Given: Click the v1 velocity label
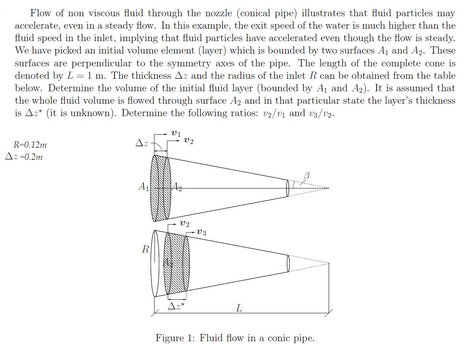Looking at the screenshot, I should pyautogui.click(x=176, y=133).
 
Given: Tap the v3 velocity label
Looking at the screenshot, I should pyautogui.click(x=202, y=232).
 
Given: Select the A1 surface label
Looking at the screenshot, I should pyautogui.click(x=144, y=186).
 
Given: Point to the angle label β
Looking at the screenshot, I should pyautogui.click(x=306, y=175).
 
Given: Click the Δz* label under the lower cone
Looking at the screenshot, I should pyautogui.click(x=176, y=306).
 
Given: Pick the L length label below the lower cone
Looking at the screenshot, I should pyautogui.click(x=239, y=308).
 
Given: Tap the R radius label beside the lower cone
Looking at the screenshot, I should pyautogui.click(x=145, y=249).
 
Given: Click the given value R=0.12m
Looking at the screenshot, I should pyautogui.click(x=30, y=145).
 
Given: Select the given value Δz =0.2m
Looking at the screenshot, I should pyautogui.click(x=24, y=157).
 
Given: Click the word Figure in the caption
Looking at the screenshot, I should pyautogui.click(x=170, y=338).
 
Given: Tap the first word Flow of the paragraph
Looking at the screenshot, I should pyautogui.click(x=41, y=13).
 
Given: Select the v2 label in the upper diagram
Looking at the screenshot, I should pyautogui.click(x=189, y=141).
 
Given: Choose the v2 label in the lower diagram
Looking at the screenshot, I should pyautogui.click(x=185, y=224).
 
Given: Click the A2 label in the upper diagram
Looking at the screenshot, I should pyautogui.click(x=176, y=186).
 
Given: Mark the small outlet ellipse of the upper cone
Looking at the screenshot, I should pyautogui.click(x=288, y=188).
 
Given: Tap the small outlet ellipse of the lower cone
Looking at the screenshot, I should pyautogui.click(x=288, y=263).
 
